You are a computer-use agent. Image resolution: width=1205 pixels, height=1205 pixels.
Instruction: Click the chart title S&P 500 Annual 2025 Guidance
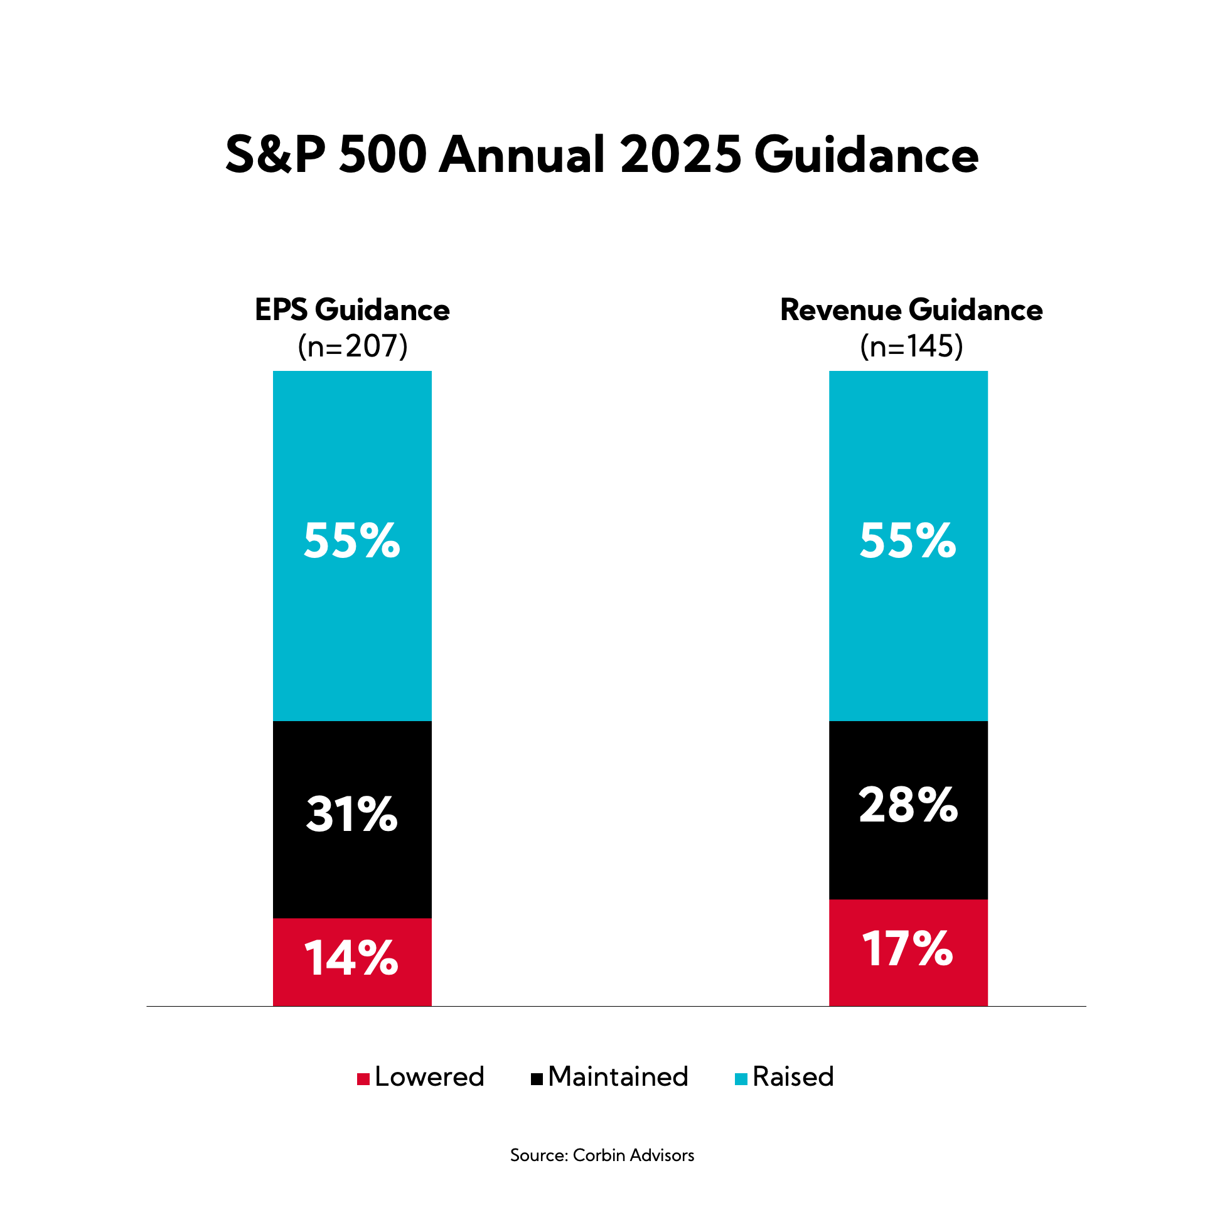pyautogui.click(x=602, y=154)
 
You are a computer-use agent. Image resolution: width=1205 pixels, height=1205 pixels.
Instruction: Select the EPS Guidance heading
pyautogui.click(x=352, y=310)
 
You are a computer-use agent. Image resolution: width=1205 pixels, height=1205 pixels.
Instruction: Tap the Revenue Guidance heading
pyautogui.click(x=911, y=310)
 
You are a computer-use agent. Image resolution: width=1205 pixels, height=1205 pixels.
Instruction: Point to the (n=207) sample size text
pyautogui.click(x=353, y=346)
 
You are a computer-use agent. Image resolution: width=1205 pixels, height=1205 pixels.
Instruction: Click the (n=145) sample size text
pyautogui.click(x=911, y=346)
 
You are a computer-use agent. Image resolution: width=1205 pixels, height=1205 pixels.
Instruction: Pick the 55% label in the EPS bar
pyautogui.click(x=352, y=540)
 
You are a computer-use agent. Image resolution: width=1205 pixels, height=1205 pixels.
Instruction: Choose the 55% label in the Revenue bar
pyautogui.click(x=908, y=540)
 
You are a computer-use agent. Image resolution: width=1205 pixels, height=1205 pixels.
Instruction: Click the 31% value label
pyautogui.click(x=352, y=815)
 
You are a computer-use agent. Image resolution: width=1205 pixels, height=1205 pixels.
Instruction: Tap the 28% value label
pyautogui.click(x=908, y=805)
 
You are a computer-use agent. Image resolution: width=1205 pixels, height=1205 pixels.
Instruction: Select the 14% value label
pyautogui.click(x=352, y=958)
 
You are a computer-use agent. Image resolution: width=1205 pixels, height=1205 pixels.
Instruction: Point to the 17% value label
pyautogui.click(x=908, y=948)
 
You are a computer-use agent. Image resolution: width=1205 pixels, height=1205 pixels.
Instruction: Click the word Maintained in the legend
pyautogui.click(x=618, y=1077)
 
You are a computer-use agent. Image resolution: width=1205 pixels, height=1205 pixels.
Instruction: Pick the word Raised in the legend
pyautogui.click(x=793, y=1077)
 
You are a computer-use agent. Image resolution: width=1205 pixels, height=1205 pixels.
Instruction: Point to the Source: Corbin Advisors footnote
pyautogui.click(x=602, y=1155)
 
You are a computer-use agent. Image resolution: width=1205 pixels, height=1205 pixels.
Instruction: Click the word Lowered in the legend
pyautogui.click(x=430, y=1077)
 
